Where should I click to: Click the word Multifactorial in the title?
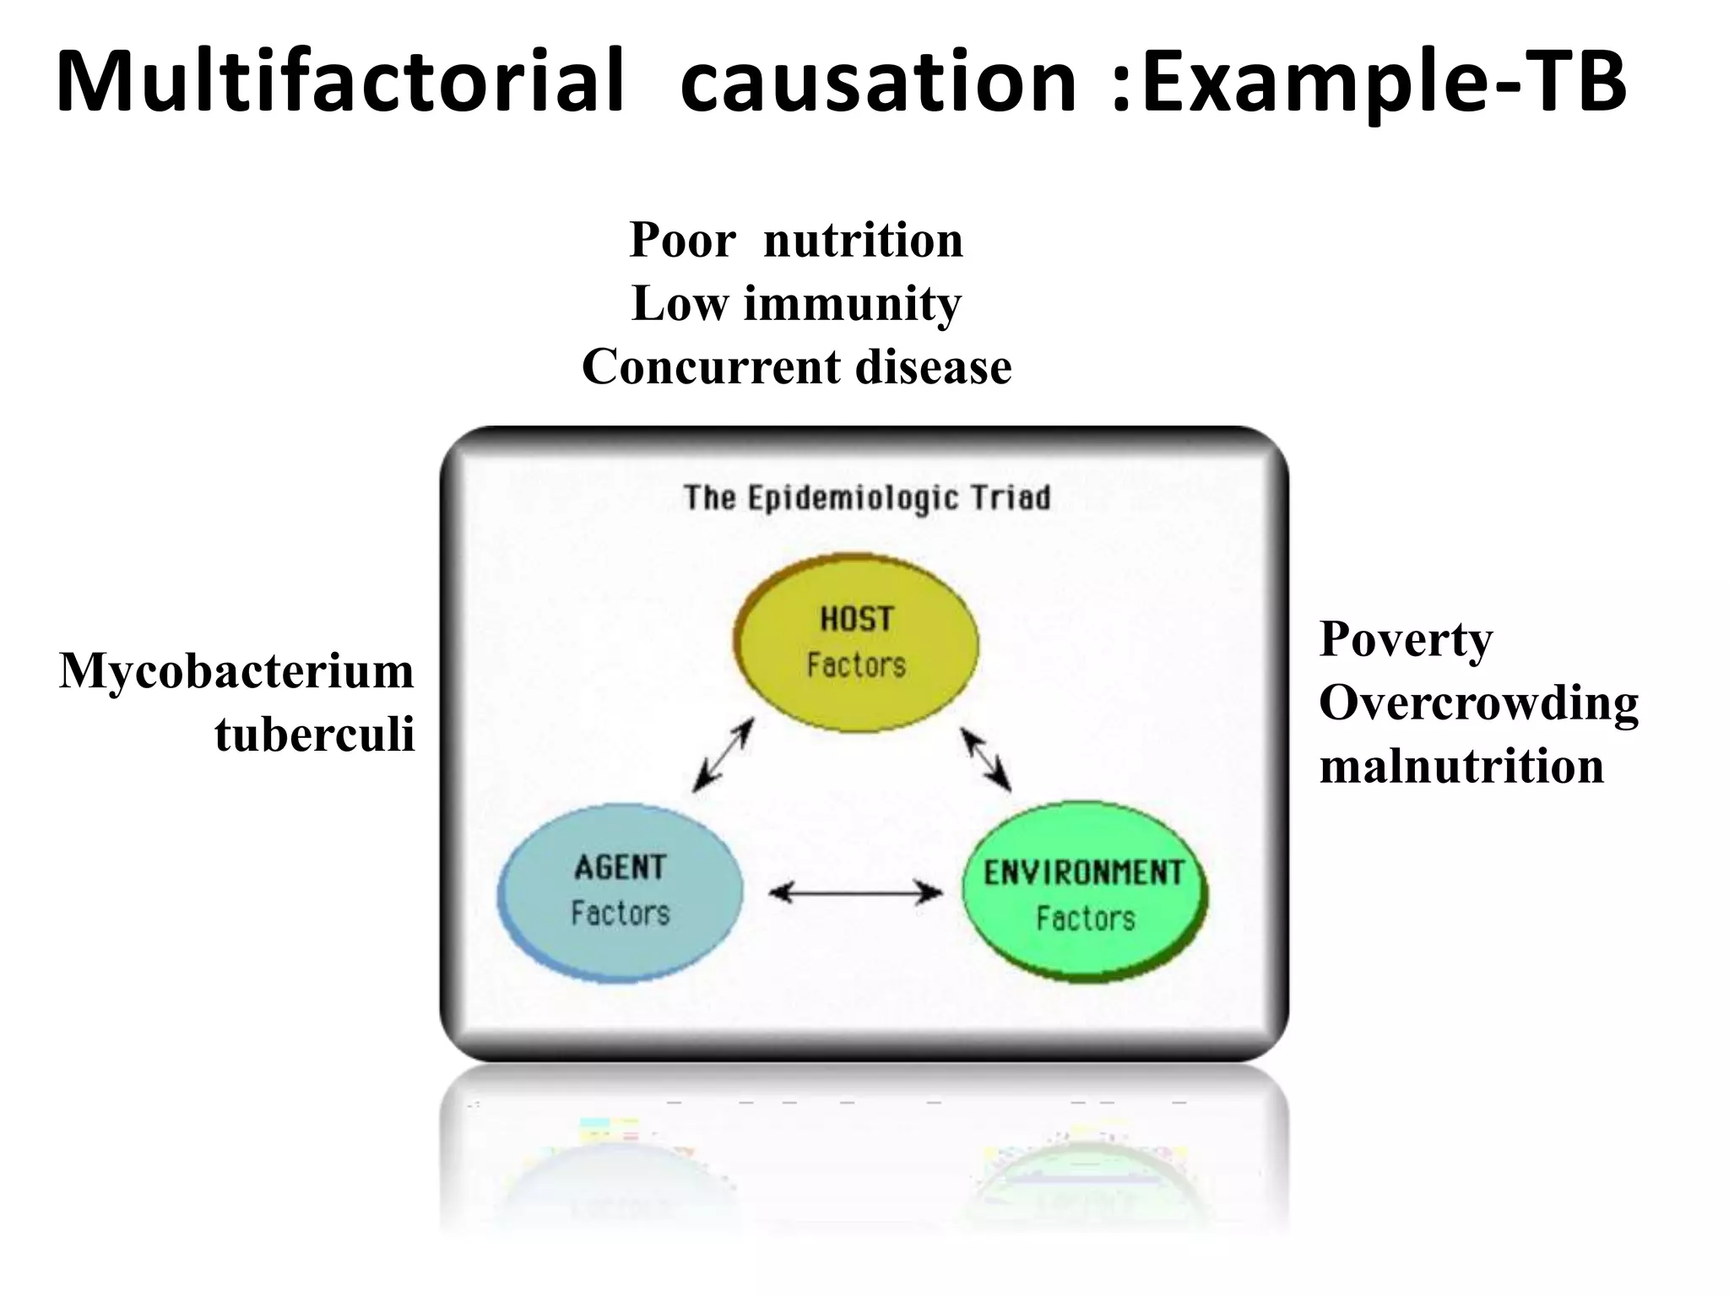coord(340,82)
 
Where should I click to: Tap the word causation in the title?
coord(878,82)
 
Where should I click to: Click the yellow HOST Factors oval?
coord(856,643)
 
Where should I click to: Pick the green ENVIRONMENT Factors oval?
coord(1085,893)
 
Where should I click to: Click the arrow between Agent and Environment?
coord(856,892)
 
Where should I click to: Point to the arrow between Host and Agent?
coord(722,756)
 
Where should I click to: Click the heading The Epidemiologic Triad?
coord(867,498)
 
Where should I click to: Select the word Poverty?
coord(1406,639)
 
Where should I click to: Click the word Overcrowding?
coord(1478,703)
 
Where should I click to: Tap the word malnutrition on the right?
coord(1461,766)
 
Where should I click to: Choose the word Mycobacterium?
coord(236,671)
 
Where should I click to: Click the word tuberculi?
coord(314,734)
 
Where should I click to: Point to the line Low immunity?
coord(796,303)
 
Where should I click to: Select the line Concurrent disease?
coord(796,366)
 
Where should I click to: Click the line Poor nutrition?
coord(796,240)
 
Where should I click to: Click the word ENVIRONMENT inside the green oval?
coord(1084,872)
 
